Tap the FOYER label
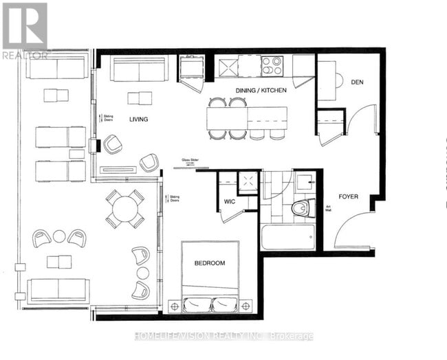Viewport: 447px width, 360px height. [348, 196]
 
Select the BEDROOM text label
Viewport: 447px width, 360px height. [210, 264]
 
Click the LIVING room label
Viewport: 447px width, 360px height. [138, 120]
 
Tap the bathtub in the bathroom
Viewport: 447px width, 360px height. [287, 237]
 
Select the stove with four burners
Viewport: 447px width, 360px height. [272, 66]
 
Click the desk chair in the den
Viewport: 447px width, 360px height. [338, 80]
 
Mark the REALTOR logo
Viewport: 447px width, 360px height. [25, 30]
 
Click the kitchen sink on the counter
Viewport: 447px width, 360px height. [228, 66]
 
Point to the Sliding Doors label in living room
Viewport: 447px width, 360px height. [107, 118]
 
